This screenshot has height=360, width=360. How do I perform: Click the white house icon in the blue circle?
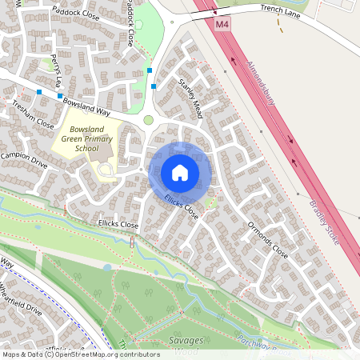[x=180, y=171]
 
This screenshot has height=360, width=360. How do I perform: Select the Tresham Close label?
[x=32, y=120]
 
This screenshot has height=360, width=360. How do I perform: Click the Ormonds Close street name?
[x=267, y=238]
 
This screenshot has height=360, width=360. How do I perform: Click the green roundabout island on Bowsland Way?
[x=148, y=120]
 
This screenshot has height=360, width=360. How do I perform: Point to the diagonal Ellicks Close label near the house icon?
[x=182, y=206]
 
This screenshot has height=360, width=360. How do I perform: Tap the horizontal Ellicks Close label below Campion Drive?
[x=118, y=226]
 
